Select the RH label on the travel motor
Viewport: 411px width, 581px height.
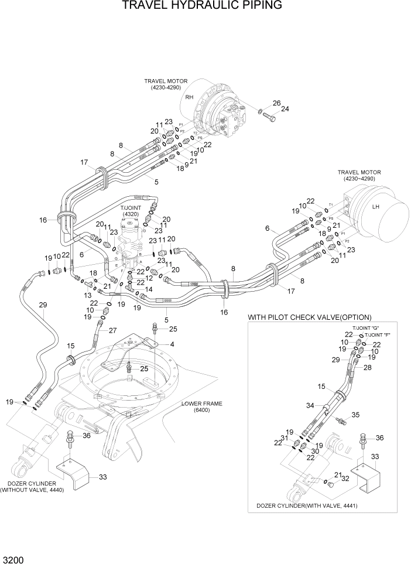tap(189, 97)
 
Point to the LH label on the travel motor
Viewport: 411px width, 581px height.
tap(376, 206)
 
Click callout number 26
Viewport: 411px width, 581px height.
tap(276, 103)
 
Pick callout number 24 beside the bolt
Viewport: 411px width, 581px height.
tap(285, 108)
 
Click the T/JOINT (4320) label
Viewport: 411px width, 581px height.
tap(131, 211)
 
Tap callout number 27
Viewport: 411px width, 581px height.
tap(112, 330)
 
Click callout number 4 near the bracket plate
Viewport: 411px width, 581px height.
tap(172, 344)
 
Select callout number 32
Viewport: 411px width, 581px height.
tap(345, 478)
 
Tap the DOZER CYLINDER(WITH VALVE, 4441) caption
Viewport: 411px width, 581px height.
tap(307, 505)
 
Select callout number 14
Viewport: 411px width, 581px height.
tap(149, 289)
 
